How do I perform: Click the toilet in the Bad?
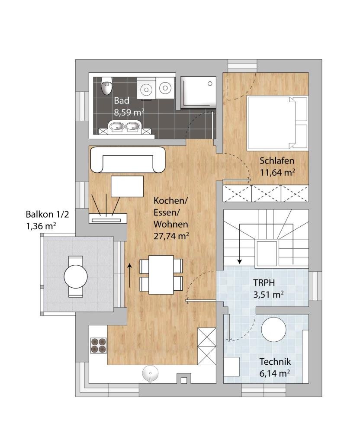(107, 86)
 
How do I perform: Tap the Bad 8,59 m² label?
(129, 106)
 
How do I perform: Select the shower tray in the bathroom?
(198, 93)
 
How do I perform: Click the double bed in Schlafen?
(277, 123)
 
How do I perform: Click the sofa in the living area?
(128, 160)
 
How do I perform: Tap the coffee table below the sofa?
(127, 186)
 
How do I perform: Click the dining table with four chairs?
(161, 275)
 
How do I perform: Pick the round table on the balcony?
(76, 276)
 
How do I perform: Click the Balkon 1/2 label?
(47, 214)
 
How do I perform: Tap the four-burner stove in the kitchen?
(98, 345)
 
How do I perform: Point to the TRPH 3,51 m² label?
(268, 289)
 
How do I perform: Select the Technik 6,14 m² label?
(275, 367)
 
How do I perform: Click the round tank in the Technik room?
(273, 329)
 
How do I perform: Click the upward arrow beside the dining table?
(130, 275)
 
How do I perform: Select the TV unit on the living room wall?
(108, 218)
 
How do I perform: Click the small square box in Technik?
(232, 366)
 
